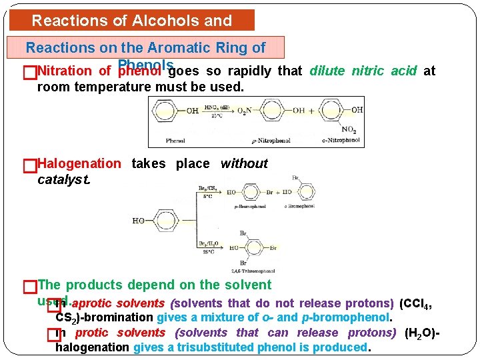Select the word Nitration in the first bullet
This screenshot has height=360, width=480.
point(65,71)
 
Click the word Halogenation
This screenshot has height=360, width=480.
point(79,164)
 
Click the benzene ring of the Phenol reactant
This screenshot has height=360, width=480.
point(167,110)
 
